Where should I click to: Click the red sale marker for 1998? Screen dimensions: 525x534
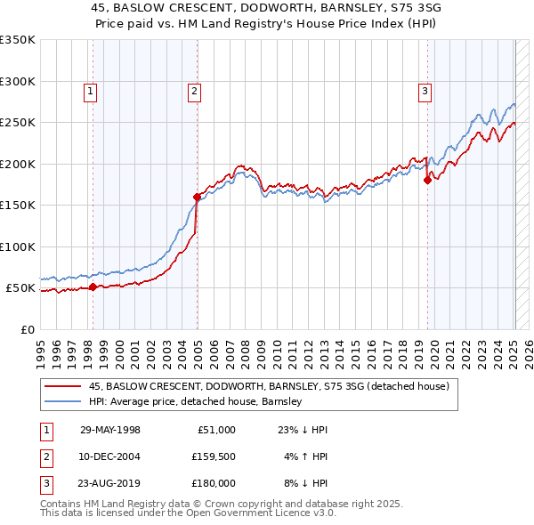(93, 287)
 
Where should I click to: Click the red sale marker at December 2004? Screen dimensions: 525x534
(197, 197)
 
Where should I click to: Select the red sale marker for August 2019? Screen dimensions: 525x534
(427, 180)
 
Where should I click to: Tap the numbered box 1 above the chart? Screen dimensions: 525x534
(92, 90)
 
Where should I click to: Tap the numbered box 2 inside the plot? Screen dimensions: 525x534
(194, 90)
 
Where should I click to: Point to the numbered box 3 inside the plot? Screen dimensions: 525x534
(425, 90)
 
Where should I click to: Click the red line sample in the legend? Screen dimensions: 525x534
(62, 386)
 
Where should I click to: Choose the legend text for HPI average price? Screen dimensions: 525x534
(196, 401)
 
